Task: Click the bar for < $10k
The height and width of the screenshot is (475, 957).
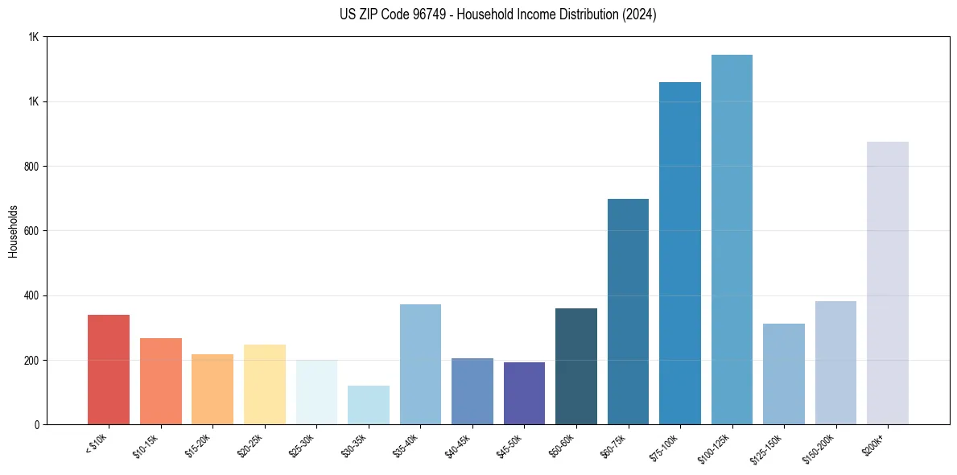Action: [x=109, y=370]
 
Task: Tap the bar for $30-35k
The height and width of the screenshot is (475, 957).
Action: [x=368, y=405]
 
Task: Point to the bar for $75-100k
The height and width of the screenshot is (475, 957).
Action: [x=679, y=253]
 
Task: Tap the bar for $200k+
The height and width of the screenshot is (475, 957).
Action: [x=887, y=283]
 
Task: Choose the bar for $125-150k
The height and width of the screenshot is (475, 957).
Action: [x=783, y=374]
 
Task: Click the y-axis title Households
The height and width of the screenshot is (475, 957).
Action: [x=13, y=231]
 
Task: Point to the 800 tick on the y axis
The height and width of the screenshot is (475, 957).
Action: [x=31, y=167]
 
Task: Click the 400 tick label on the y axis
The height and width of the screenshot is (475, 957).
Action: [x=31, y=295]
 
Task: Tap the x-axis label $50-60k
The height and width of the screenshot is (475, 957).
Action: [x=562, y=444]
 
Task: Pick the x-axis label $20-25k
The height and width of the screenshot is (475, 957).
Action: [x=250, y=444]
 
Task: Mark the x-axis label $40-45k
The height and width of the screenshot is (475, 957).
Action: [x=458, y=444]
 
